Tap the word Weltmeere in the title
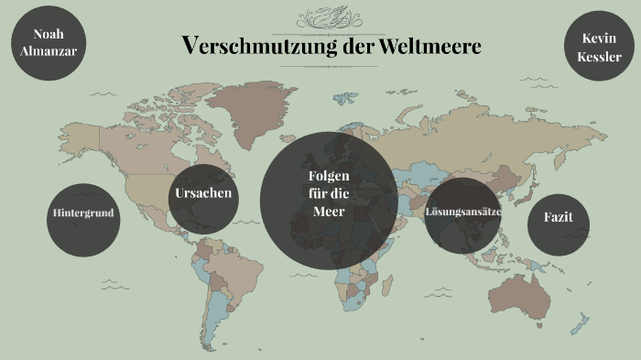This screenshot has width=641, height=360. [x=432, y=46]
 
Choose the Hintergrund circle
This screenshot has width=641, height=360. [x=83, y=213]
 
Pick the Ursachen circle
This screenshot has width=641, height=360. [x=203, y=194]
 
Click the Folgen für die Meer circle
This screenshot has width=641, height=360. [x=329, y=201]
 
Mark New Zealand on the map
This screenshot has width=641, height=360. [x=580, y=322]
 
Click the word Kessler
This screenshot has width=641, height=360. [x=600, y=57]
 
